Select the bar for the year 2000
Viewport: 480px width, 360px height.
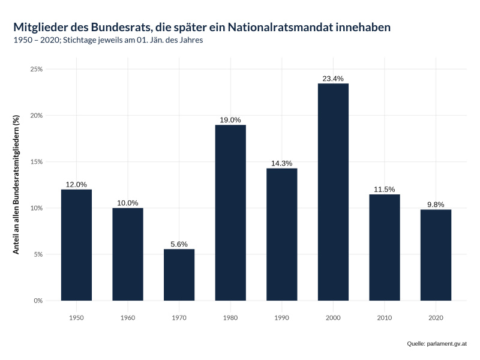[333, 192]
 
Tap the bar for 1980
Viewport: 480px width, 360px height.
[230, 212]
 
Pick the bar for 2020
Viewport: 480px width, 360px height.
[436, 255]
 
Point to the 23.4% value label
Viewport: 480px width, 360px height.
[333, 79]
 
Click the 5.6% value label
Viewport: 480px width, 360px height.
[179, 244]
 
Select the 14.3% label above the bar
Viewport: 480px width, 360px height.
[281, 163]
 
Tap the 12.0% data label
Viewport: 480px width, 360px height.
[76, 184]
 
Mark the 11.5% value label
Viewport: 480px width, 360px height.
[385, 189]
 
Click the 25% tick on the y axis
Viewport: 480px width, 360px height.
[36, 69]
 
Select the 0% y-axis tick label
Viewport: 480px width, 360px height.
[38, 301]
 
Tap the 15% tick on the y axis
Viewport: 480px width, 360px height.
[36, 161]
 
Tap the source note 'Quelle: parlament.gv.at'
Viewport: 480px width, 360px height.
[436, 344]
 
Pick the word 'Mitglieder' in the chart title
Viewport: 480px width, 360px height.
[41, 28]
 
